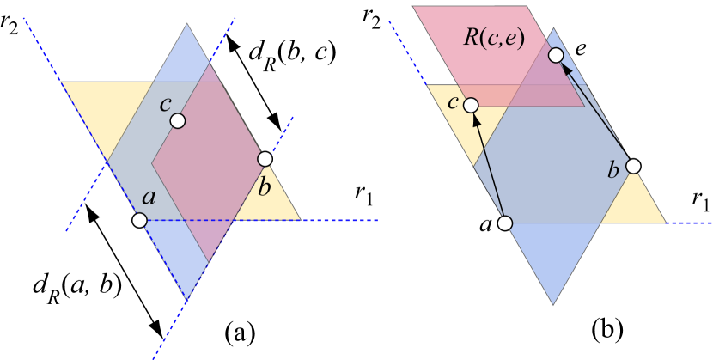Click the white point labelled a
tap(140, 221)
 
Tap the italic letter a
tap(149, 198)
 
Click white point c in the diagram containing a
tap(177, 121)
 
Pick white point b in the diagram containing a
tap(265, 159)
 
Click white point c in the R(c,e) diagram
tap(471, 105)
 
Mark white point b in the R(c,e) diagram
tap(633, 166)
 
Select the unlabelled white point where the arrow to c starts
tap(505, 223)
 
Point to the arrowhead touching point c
tap(475, 119)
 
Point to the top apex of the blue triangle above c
tap(186, 24)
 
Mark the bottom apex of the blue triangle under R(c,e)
tap(553, 305)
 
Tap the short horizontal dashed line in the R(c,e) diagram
tap(690, 223)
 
